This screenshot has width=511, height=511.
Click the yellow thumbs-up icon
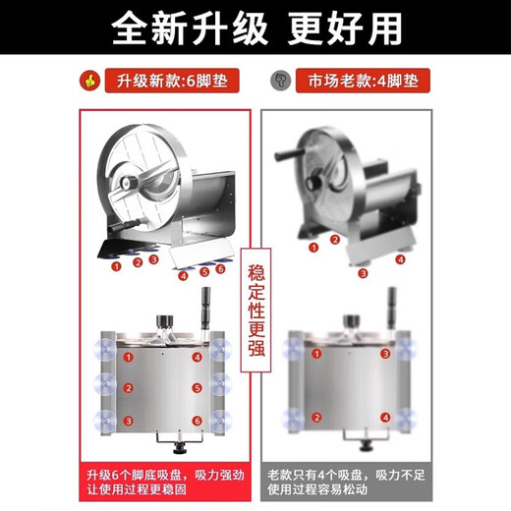click(x=89, y=81)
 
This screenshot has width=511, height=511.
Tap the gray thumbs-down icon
click(x=280, y=81)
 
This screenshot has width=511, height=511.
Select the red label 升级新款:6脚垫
click(x=172, y=81)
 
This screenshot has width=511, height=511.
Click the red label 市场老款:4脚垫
click(x=363, y=81)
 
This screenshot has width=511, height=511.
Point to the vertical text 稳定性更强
click(x=255, y=310)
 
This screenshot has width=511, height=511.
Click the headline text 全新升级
click(x=190, y=28)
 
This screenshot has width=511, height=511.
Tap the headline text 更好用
click(x=345, y=28)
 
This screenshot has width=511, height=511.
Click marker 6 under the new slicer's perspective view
click(x=221, y=269)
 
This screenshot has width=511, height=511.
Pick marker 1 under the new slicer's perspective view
click(x=116, y=266)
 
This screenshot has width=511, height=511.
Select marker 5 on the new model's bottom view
click(x=197, y=388)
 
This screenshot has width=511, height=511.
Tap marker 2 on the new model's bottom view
click(x=129, y=388)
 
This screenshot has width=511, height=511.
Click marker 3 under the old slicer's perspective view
click(x=363, y=273)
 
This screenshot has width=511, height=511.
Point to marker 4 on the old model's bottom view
click(x=385, y=418)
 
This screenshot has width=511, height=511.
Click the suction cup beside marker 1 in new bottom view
click(x=105, y=350)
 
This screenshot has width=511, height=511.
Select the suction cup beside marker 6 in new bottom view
click(x=221, y=421)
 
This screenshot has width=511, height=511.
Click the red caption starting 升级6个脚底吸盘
click(x=165, y=482)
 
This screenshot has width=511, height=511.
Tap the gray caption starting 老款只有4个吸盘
click(x=346, y=482)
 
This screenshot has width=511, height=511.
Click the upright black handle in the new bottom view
click(x=205, y=309)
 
